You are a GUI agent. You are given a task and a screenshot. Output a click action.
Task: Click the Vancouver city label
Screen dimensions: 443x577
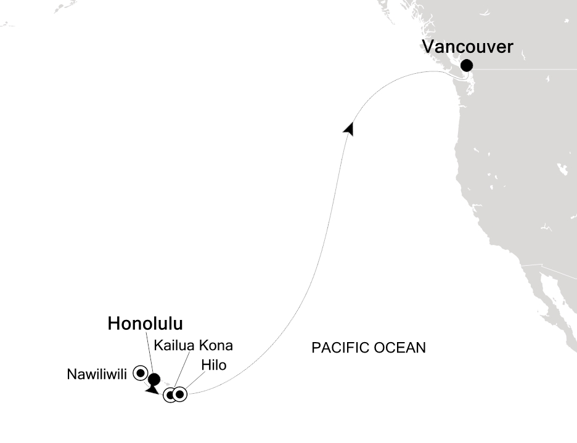(467, 46)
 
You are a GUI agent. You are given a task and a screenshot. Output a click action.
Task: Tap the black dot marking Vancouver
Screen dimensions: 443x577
(467, 65)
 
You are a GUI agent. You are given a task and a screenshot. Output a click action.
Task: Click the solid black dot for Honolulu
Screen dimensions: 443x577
(153, 380)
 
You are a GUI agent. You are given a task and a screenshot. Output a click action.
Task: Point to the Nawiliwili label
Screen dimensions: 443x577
(96, 373)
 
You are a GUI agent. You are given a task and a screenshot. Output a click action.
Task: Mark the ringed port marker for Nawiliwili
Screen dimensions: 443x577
(140, 372)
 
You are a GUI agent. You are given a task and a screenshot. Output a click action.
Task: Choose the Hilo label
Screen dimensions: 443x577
(213, 365)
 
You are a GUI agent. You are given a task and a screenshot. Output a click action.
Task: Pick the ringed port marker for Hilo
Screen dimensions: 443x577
(179, 394)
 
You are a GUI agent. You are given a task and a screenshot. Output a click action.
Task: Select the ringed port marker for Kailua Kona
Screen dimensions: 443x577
(170, 395)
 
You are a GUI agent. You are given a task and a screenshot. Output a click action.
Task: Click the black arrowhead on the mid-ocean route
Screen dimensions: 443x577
(350, 129)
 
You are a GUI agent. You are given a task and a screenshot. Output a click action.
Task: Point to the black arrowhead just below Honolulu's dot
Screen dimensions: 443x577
(150, 389)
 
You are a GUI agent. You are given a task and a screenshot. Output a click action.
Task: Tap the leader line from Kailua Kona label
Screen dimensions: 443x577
(178, 370)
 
